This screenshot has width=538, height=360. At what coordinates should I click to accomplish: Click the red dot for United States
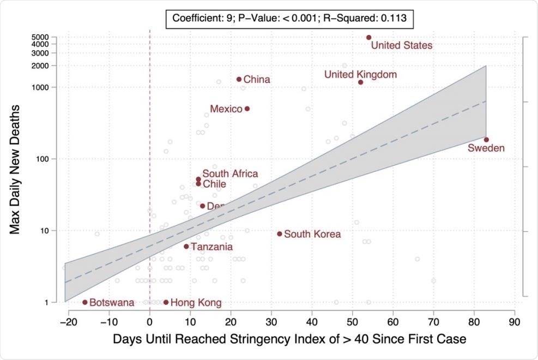(368, 38)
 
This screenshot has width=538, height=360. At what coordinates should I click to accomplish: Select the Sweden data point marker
(486, 140)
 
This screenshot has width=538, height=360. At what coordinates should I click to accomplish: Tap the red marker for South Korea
(280, 233)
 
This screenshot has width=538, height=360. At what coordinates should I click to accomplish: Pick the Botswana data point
(85, 302)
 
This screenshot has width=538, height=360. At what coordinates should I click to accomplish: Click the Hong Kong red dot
(166, 302)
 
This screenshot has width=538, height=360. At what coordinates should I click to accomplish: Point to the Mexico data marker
(247, 109)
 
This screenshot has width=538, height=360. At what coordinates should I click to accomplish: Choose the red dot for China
(239, 79)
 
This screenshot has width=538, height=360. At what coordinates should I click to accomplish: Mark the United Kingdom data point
(360, 82)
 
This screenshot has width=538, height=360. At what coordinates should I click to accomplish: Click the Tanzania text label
(211, 247)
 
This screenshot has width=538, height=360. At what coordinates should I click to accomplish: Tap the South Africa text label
(230, 173)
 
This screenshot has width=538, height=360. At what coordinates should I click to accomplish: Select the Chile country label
(214, 184)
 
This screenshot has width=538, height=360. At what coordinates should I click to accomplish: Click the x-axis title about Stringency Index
(289, 339)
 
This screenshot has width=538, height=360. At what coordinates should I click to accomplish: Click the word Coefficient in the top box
(196, 17)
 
